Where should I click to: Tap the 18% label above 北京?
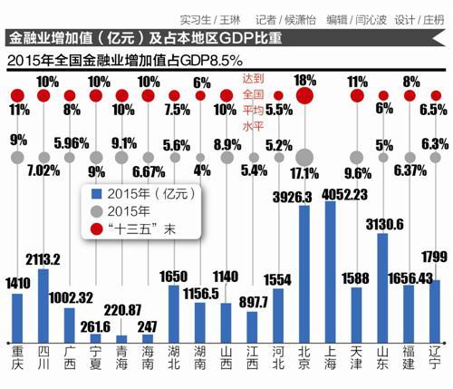(x=304, y=80)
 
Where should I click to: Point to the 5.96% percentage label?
(x=71, y=142)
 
